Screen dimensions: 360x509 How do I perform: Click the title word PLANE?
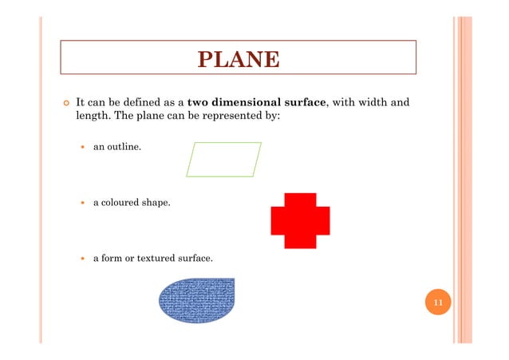pos(239,60)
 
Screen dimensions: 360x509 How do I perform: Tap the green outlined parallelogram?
pos(223,159)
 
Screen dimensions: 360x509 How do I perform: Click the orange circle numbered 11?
pos(438,303)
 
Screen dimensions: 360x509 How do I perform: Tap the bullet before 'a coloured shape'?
pos(84,204)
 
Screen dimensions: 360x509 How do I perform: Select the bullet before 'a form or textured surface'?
pos(84,259)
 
